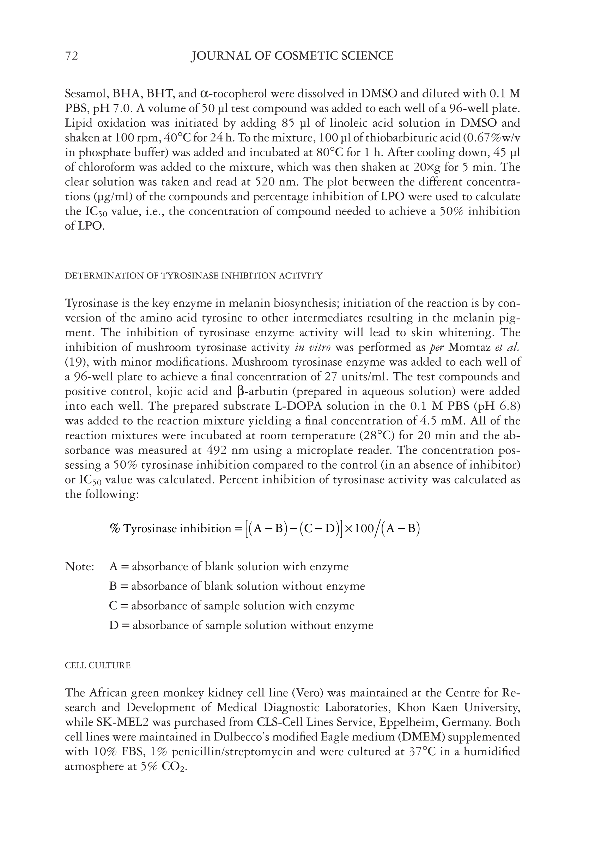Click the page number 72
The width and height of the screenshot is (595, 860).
pyautogui.click(x=72, y=56)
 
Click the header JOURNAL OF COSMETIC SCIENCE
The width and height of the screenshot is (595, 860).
pyautogui.click(x=292, y=56)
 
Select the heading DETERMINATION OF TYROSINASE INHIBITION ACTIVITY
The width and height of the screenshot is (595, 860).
pyautogui.click(x=194, y=276)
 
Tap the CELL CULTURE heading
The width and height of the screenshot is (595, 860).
pyautogui.click(x=98, y=666)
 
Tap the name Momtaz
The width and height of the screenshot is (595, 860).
pyautogui.click(x=469, y=348)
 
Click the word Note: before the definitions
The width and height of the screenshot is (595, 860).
pyautogui.click(x=79, y=567)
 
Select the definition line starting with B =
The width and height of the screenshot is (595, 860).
pyautogui.click(x=237, y=586)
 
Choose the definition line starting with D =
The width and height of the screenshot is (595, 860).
pyautogui.click(x=241, y=625)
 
